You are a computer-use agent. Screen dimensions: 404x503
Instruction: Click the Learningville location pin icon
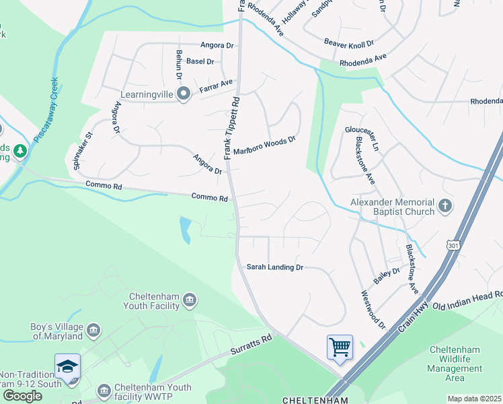click(x=183, y=95)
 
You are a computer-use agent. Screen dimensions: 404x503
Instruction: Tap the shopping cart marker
click(x=340, y=347)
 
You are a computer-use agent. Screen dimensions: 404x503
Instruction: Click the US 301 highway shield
click(x=452, y=247)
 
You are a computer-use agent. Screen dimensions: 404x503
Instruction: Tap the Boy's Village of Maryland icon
click(x=93, y=331)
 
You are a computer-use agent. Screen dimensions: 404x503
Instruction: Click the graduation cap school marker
click(x=67, y=367)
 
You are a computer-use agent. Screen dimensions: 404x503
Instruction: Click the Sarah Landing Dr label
click(x=275, y=267)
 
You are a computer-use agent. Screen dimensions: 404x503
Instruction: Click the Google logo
click(x=22, y=395)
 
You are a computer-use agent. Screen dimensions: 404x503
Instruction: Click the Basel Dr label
click(x=200, y=61)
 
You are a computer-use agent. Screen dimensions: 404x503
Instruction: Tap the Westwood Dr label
click(x=373, y=309)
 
